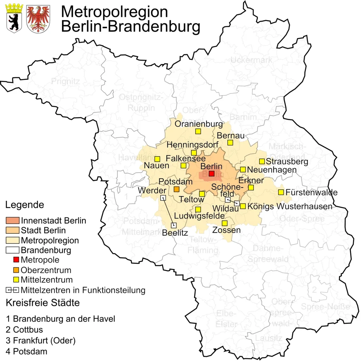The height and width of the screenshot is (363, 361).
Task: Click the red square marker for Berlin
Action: click(212, 173)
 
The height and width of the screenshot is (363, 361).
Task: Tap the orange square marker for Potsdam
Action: click(177, 189)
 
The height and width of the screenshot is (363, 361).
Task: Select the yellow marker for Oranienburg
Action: click(198, 131)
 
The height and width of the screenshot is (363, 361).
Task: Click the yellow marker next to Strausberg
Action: click(262, 161)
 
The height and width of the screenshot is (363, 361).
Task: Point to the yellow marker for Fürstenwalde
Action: click(281, 192)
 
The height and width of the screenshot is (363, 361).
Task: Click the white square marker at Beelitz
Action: click(173, 225)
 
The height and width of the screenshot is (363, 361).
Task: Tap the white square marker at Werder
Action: click(163, 198)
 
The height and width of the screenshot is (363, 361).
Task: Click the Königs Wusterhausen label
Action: click(290, 207)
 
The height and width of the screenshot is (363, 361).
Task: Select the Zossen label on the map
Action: click(226, 230)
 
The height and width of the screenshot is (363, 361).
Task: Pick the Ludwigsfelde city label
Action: click(199, 216)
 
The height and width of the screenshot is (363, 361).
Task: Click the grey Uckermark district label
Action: click(251, 60)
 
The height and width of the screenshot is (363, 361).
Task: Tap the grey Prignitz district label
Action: click(66, 81)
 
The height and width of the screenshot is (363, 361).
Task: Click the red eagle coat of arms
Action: click(38, 18)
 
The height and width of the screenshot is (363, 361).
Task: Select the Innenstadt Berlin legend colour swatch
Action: click(13, 221)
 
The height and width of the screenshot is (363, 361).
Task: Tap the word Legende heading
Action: click(25, 205)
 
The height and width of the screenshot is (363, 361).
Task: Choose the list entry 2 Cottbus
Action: click(24, 330)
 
